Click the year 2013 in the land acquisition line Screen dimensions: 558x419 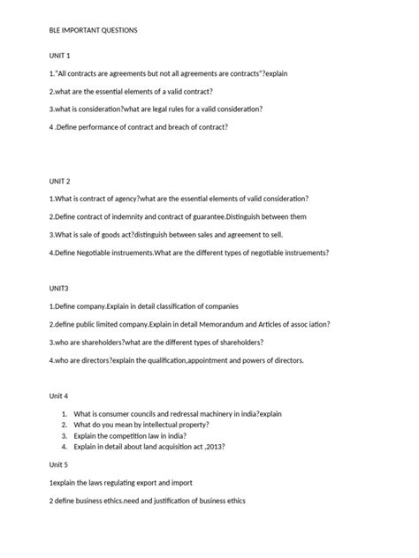223,447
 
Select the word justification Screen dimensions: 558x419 163,501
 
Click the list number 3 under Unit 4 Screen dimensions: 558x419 65,436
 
